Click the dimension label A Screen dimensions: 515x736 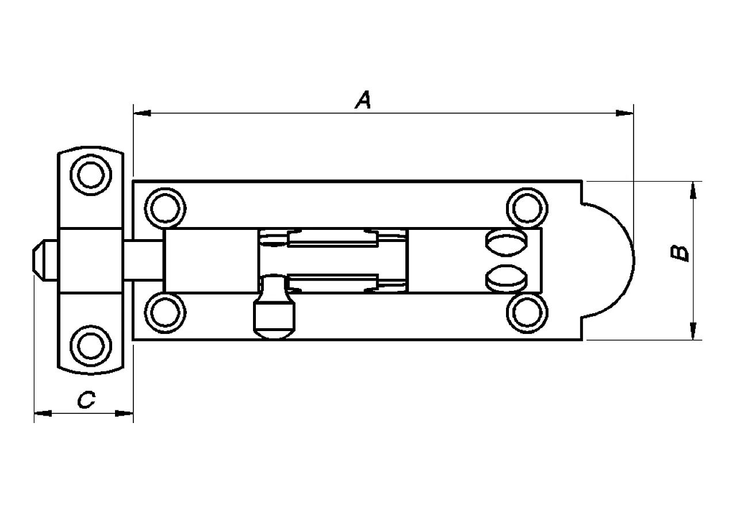coord(363,100)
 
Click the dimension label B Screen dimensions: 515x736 coord(681,253)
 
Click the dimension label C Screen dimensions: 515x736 coord(86,400)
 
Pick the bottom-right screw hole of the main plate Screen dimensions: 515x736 coord(527,313)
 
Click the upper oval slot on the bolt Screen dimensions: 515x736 coord(505,242)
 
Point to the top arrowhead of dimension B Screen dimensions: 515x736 coord(693,190)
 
